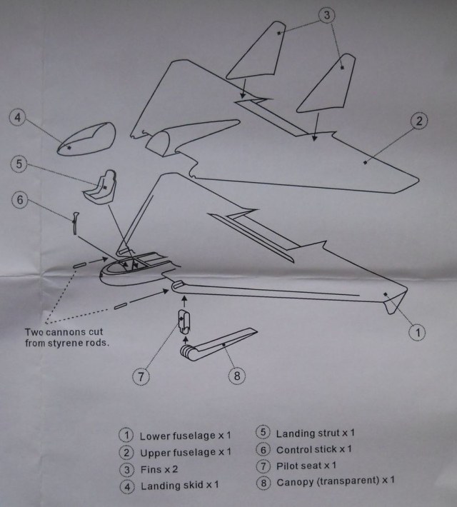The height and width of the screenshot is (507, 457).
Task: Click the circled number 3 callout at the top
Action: pos(325,15)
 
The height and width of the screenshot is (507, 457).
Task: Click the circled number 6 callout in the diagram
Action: pos(20,201)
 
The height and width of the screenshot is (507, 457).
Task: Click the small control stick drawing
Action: pos(76,222)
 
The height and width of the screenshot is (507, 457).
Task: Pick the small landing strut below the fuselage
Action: pos(184,322)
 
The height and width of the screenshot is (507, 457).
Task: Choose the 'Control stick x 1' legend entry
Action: pos(313,449)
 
